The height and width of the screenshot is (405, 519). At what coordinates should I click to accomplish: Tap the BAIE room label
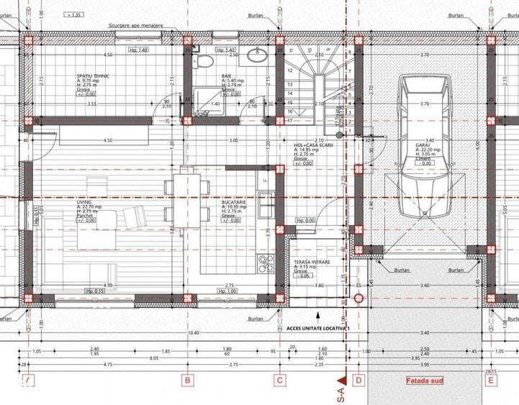click(x=207, y=74)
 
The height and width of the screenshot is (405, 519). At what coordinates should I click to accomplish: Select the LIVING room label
click(x=85, y=203)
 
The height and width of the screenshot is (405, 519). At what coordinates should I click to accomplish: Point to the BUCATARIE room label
click(x=234, y=203)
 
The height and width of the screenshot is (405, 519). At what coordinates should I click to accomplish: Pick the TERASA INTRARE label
click(x=311, y=263)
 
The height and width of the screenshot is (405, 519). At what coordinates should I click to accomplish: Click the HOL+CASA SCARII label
click(x=310, y=144)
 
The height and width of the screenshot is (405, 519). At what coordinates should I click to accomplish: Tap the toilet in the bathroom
click(x=205, y=60)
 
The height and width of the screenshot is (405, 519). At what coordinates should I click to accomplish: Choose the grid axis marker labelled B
click(x=186, y=381)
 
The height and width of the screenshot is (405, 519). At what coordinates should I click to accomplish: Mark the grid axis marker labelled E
click(x=491, y=381)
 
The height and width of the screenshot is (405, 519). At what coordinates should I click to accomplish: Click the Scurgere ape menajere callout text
click(x=136, y=24)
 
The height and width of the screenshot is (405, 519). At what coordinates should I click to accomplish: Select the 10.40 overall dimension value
click(x=192, y=333)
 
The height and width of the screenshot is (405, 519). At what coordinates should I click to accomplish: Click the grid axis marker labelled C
click(x=279, y=381)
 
